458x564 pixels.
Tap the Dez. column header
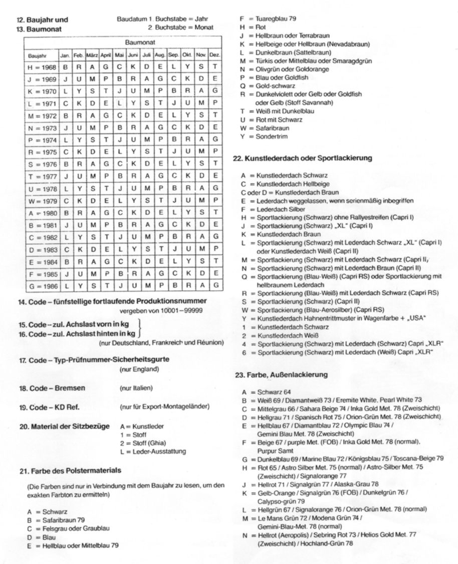click(x=214, y=55)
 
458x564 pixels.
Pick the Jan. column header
click(x=66, y=55)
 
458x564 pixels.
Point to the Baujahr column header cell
click(x=38, y=55)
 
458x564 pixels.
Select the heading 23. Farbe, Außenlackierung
click(x=281, y=375)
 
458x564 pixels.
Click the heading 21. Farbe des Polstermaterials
click(x=70, y=470)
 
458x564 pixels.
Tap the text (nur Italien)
click(x=136, y=388)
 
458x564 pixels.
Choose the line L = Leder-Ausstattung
click(x=153, y=451)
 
